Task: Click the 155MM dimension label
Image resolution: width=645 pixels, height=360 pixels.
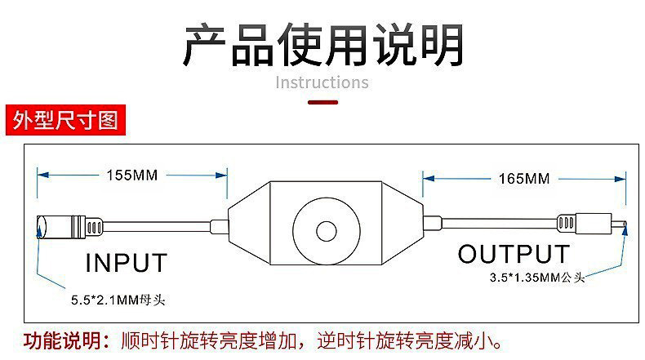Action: (x=131, y=175)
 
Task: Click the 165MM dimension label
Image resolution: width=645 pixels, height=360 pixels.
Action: (x=523, y=178)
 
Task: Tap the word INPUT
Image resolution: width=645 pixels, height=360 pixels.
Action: (x=127, y=263)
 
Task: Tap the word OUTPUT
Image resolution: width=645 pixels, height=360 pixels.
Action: (x=514, y=253)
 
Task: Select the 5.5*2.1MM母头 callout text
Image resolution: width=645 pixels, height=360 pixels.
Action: (x=118, y=300)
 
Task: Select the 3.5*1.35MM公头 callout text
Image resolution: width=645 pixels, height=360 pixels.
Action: (x=536, y=278)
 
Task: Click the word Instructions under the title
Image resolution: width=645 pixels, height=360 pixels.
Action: (x=322, y=82)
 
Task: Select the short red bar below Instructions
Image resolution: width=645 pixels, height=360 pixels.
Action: (x=322, y=102)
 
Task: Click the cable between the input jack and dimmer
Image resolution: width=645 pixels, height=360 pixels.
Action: (x=155, y=224)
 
